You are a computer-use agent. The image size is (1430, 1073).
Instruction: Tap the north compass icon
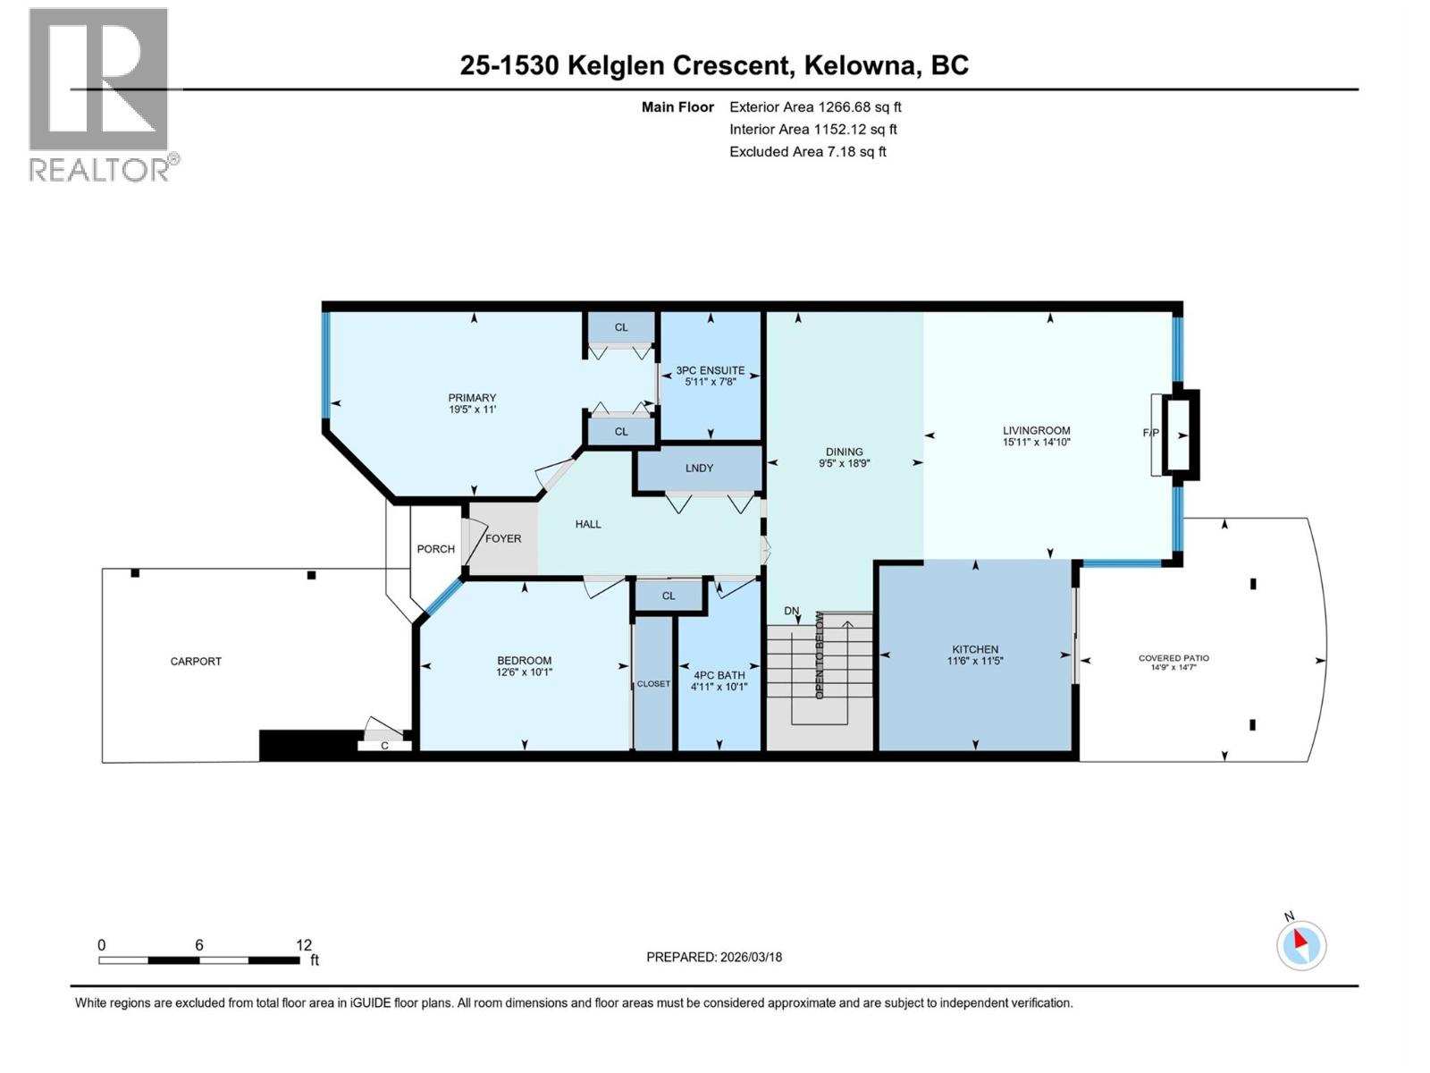click(x=1301, y=945)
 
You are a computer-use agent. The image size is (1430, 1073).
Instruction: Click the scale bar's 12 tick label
click(x=304, y=945)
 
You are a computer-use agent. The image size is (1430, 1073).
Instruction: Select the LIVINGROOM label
click(x=1036, y=430)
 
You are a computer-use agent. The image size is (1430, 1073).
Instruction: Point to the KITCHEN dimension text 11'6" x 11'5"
click(x=975, y=662)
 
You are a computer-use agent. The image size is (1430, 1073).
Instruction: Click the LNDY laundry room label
click(x=699, y=468)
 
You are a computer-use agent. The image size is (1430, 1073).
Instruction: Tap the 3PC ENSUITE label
click(x=711, y=370)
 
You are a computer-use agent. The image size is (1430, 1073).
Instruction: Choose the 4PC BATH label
click(x=719, y=675)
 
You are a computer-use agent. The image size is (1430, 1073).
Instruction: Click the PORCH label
click(x=435, y=549)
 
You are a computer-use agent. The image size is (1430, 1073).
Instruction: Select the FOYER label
click(x=503, y=538)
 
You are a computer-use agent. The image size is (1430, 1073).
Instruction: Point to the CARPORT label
click(x=196, y=662)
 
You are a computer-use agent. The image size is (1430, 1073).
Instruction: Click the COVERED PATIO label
click(x=1173, y=658)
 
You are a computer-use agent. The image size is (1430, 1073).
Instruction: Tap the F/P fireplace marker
click(x=1151, y=433)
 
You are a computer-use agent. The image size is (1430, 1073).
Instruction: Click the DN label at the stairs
click(x=792, y=612)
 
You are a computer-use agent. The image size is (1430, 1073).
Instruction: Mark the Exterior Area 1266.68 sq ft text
click(x=815, y=106)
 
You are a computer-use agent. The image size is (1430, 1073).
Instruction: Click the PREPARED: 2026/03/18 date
click(x=714, y=957)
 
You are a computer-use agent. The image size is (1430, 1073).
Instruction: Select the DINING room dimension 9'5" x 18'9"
click(x=844, y=463)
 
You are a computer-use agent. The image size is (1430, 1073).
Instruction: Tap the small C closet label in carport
click(x=384, y=746)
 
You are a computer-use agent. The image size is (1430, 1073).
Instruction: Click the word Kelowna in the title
click(x=861, y=65)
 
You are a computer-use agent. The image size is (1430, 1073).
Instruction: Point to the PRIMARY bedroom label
click(x=472, y=398)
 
